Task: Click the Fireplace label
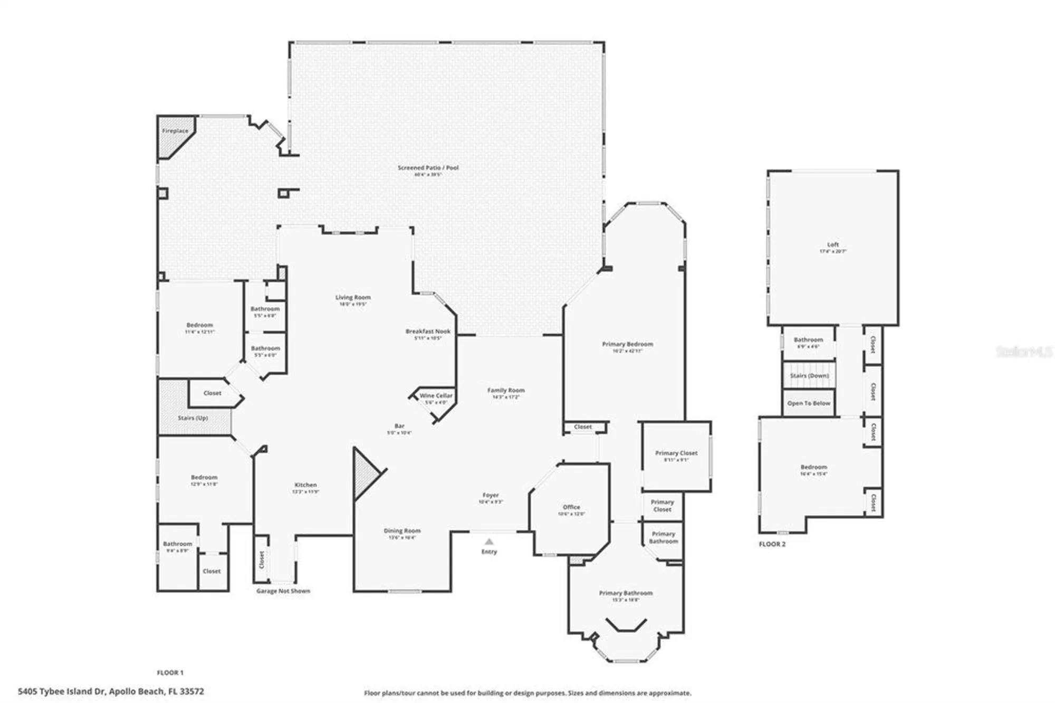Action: click(175, 131)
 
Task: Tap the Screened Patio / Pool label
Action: click(428, 168)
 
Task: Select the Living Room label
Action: click(353, 298)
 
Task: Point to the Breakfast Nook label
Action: click(428, 331)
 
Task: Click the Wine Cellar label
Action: click(436, 396)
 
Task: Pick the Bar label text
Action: click(399, 426)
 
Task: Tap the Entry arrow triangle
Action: click(489, 541)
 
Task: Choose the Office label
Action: click(571, 507)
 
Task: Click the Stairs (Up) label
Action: click(193, 418)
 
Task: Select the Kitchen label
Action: click(305, 485)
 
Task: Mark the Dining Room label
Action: click(402, 531)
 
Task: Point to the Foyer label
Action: click(491, 496)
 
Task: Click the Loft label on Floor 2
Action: click(833, 245)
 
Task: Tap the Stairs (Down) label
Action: click(809, 376)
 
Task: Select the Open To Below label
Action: click(809, 403)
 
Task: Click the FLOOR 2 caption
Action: click(772, 544)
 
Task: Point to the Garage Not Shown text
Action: click(283, 591)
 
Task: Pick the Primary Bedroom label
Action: click(627, 344)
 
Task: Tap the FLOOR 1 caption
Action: click(170, 673)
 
